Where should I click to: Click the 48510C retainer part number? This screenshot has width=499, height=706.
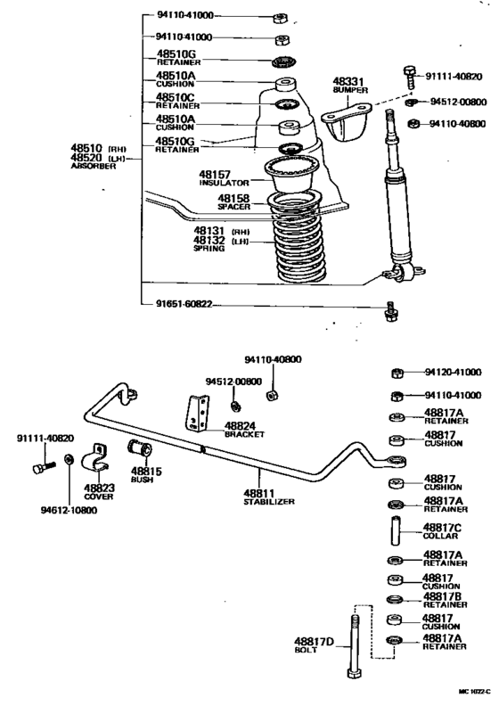(176, 97)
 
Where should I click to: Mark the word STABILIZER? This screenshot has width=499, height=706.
(268, 502)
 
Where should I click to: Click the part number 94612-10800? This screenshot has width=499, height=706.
(67, 510)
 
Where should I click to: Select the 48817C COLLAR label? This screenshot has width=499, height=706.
(443, 532)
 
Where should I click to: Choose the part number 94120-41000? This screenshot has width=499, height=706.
(453, 372)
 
